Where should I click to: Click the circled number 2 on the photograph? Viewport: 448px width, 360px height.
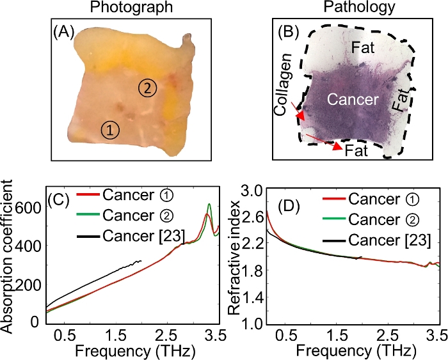(x=147, y=90)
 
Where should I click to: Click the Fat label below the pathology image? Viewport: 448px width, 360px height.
(x=356, y=150)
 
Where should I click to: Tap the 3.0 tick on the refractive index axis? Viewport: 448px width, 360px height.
(x=253, y=191)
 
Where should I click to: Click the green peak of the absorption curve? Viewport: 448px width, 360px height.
(x=209, y=205)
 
